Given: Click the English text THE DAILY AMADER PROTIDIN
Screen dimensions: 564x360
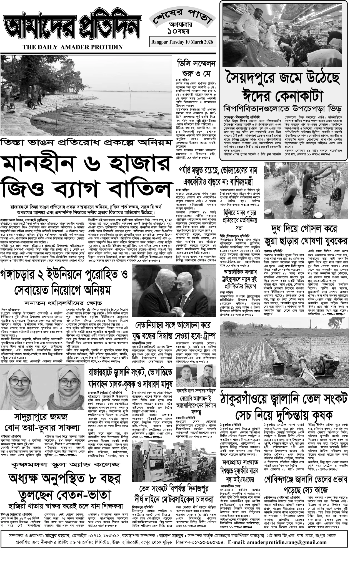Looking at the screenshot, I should [x=73, y=47].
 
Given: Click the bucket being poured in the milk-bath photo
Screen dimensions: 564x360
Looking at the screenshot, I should [x=334, y=167].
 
